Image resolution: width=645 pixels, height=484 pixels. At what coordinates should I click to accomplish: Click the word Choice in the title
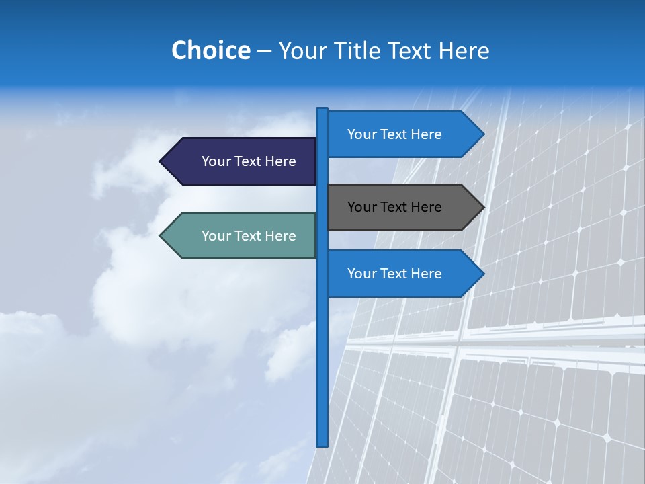click(210, 50)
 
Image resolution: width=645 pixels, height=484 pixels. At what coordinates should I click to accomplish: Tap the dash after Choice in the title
click(264, 51)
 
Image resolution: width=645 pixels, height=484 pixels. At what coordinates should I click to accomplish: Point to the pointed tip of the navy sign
click(161, 161)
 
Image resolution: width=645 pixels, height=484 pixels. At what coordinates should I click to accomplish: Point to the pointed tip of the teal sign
click(161, 235)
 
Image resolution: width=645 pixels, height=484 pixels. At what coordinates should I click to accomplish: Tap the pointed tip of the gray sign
click(482, 207)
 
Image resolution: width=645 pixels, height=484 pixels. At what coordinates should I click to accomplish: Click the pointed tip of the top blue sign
click(482, 134)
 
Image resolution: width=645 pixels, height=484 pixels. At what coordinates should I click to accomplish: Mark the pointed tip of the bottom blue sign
click(482, 274)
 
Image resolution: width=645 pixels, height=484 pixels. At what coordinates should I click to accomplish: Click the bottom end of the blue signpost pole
click(322, 444)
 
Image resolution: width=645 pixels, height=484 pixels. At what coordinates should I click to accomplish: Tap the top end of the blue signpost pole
click(322, 110)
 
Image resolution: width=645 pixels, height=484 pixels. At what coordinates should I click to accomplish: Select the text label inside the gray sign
click(394, 207)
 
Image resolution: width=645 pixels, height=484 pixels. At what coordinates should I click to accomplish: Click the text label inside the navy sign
click(249, 161)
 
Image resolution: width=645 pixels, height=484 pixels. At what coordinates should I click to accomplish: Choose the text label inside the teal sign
click(249, 236)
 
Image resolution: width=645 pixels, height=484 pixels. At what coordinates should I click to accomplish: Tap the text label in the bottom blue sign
click(394, 274)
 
